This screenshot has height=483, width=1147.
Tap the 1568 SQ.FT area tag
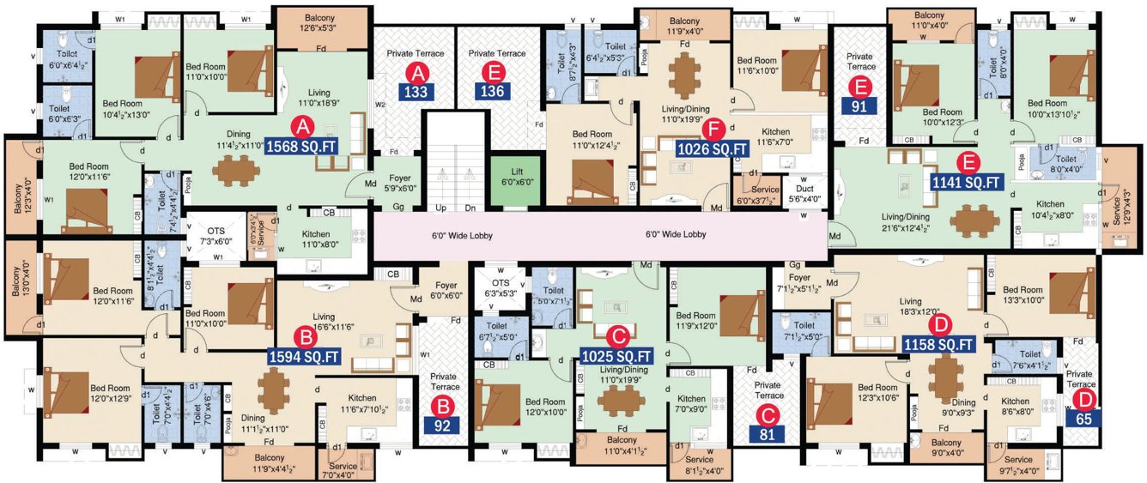pos(300,146)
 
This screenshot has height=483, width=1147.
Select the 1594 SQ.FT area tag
pos(305,354)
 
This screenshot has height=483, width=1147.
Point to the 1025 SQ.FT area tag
pos(616,355)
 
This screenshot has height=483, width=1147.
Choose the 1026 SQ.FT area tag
pos(712,149)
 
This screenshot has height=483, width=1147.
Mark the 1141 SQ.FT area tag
pos(967,182)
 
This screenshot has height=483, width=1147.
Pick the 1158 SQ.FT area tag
pos(939,345)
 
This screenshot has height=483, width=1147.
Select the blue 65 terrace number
pos(1084,420)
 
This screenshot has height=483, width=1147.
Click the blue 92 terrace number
pos(444,424)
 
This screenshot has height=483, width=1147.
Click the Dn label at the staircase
pos(470,208)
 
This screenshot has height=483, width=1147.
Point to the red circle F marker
pos(712,129)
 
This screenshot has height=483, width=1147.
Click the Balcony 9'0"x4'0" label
pos(947,449)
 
